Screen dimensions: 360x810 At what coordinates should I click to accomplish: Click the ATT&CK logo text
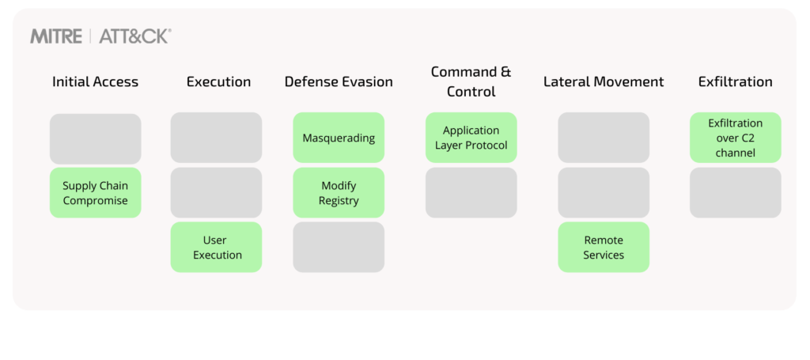click(x=135, y=36)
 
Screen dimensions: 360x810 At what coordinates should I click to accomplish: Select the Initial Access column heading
click(x=95, y=81)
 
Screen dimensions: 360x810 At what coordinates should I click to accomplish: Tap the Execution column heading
click(x=218, y=81)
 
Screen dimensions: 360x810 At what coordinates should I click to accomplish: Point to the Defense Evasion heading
click(x=339, y=81)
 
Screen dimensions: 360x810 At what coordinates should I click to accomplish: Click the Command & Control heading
click(x=471, y=81)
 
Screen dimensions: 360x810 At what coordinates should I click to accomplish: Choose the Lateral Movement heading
click(x=604, y=81)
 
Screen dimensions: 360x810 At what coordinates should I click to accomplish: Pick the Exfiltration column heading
click(x=735, y=81)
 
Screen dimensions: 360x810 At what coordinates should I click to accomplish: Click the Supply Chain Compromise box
click(x=95, y=193)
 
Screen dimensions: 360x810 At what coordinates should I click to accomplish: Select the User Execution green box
click(x=216, y=248)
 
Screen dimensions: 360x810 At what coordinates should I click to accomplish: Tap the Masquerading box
click(x=339, y=138)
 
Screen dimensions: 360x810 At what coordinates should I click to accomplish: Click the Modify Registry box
click(x=339, y=193)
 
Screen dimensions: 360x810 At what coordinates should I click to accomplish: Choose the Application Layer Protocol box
click(x=471, y=138)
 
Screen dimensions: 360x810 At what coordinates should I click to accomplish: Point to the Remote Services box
click(x=604, y=248)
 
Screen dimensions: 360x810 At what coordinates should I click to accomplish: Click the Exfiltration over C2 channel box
click(x=735, y=138)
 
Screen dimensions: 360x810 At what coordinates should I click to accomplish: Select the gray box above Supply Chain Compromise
click(x=95, y=138)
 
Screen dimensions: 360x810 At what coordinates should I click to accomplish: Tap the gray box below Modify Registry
click(x=339, y=248)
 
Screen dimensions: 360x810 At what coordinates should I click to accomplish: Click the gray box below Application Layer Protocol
click(x=471, y=193)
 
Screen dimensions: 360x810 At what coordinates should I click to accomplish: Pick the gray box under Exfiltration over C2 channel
click(x=735, y=193)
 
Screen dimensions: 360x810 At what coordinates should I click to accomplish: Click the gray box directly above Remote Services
click(x=604, y=193)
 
